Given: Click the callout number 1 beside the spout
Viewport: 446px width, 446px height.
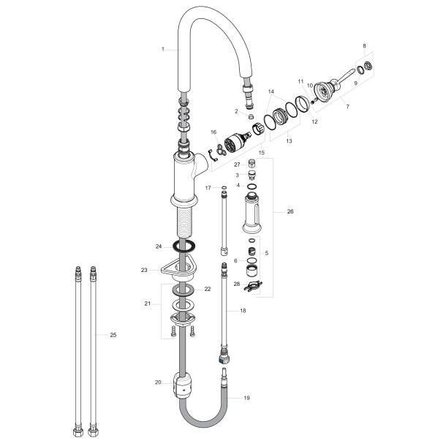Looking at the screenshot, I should [163, 49].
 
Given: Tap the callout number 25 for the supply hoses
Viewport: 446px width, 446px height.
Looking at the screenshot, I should [113, 335].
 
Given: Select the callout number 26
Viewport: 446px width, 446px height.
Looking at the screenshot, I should [290, 212].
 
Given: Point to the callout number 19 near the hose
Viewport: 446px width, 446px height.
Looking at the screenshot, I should [246, 398].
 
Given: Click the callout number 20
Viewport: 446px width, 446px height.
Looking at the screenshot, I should [158, 382].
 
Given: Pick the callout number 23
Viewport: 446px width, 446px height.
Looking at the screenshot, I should [144, 270].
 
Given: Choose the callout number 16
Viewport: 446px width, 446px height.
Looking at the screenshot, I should [213, 132].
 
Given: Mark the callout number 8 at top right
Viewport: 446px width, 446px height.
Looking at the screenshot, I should [363, 46].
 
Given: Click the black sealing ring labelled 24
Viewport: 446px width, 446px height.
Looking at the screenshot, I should [186, 246].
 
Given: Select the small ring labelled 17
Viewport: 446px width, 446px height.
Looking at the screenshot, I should [224, 189].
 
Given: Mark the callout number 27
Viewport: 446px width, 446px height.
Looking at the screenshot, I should [238, 165].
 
